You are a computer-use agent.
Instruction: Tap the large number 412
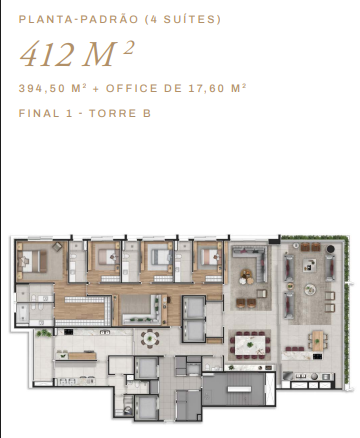(47, 54)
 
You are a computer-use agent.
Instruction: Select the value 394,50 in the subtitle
(42, 89)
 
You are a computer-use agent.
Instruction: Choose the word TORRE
(113, 113)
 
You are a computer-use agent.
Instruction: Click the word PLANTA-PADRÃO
(78, 19)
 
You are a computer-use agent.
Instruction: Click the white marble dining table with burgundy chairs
(250, 345)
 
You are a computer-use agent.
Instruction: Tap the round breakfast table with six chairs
(150, 339)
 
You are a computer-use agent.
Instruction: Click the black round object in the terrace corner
(330, 249)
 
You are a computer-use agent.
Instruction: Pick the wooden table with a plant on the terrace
(318, 341)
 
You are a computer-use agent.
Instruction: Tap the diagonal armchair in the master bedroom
(57, 247)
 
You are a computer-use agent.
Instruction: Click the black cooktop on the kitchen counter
(68, 332)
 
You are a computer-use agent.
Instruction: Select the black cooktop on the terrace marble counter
(317, 356)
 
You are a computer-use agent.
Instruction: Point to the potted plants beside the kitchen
(44, 333)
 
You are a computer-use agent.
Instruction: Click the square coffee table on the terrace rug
(309, 265)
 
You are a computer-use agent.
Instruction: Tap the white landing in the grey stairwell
(239, 389)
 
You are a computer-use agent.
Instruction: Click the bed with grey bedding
(160, 257)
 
